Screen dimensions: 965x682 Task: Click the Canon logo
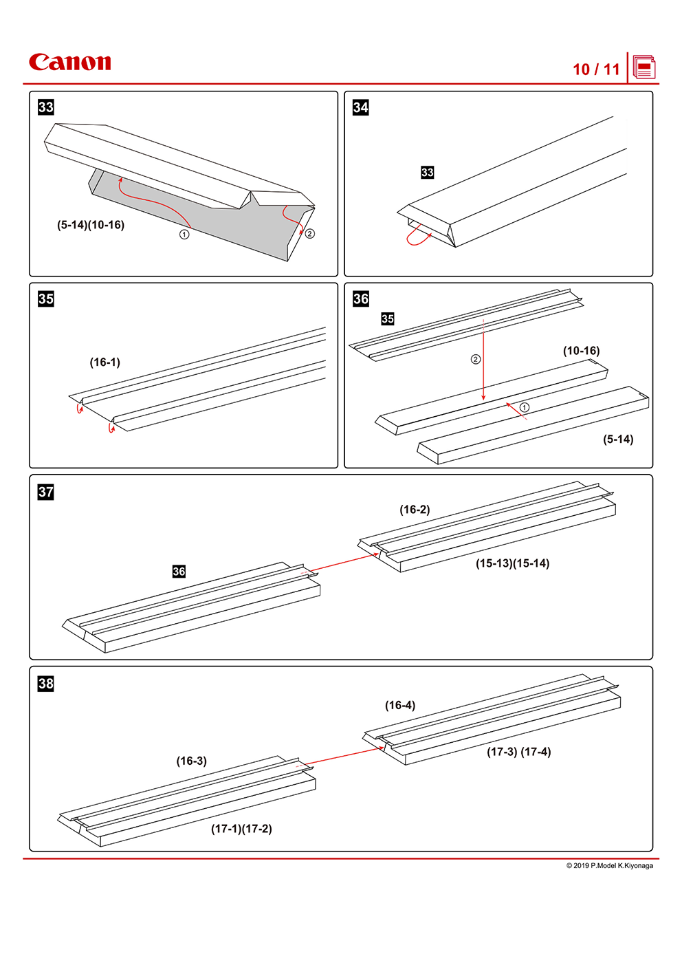[69, 63]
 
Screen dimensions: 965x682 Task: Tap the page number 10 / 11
[596, 69]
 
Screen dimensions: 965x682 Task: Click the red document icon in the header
[644, 67]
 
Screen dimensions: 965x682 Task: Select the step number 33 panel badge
[46, 107]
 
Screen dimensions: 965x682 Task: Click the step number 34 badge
[361, 107]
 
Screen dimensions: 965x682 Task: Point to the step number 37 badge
[46, 492]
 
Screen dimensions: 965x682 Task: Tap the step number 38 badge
[46, 684]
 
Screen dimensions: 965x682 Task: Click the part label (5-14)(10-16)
[91, 225]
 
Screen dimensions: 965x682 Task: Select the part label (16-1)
[105, 362]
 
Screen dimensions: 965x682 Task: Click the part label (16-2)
[415, 510]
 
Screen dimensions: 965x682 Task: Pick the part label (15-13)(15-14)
[512, 563]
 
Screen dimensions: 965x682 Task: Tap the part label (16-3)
[191, 761]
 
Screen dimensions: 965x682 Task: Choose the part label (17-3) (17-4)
[518, 752]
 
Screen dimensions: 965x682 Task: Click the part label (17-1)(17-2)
[241, 829]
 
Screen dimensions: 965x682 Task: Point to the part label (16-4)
[400, 706]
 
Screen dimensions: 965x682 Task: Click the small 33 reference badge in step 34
[428, 173]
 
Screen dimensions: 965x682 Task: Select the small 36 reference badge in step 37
[179, 572]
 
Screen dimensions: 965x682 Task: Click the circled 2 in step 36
[475, 359]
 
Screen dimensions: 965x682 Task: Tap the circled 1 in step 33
[184, 235]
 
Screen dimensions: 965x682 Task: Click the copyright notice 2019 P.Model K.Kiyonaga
[609, 866]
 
